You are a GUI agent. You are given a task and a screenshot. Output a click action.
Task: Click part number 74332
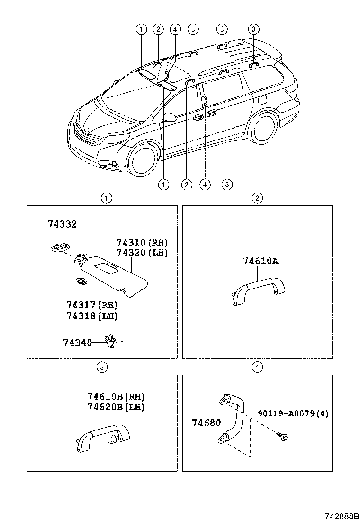(x=62, y=224)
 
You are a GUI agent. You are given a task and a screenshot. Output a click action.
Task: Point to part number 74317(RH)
(x=92, y=306)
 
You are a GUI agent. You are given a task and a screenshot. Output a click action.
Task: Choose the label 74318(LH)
(x=92, y=316)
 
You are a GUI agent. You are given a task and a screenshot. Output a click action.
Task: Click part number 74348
(x=77, y=342)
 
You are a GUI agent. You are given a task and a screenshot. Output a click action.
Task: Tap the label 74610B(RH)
(x=116, y=396)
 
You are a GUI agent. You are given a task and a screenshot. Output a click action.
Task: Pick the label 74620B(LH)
(x=116, y=407)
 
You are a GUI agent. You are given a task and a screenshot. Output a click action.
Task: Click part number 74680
(x=206, y=422)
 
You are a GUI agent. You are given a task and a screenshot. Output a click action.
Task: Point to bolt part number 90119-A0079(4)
(x=293, y=413)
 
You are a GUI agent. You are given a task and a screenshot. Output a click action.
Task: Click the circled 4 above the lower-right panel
(x=257, y=367)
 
